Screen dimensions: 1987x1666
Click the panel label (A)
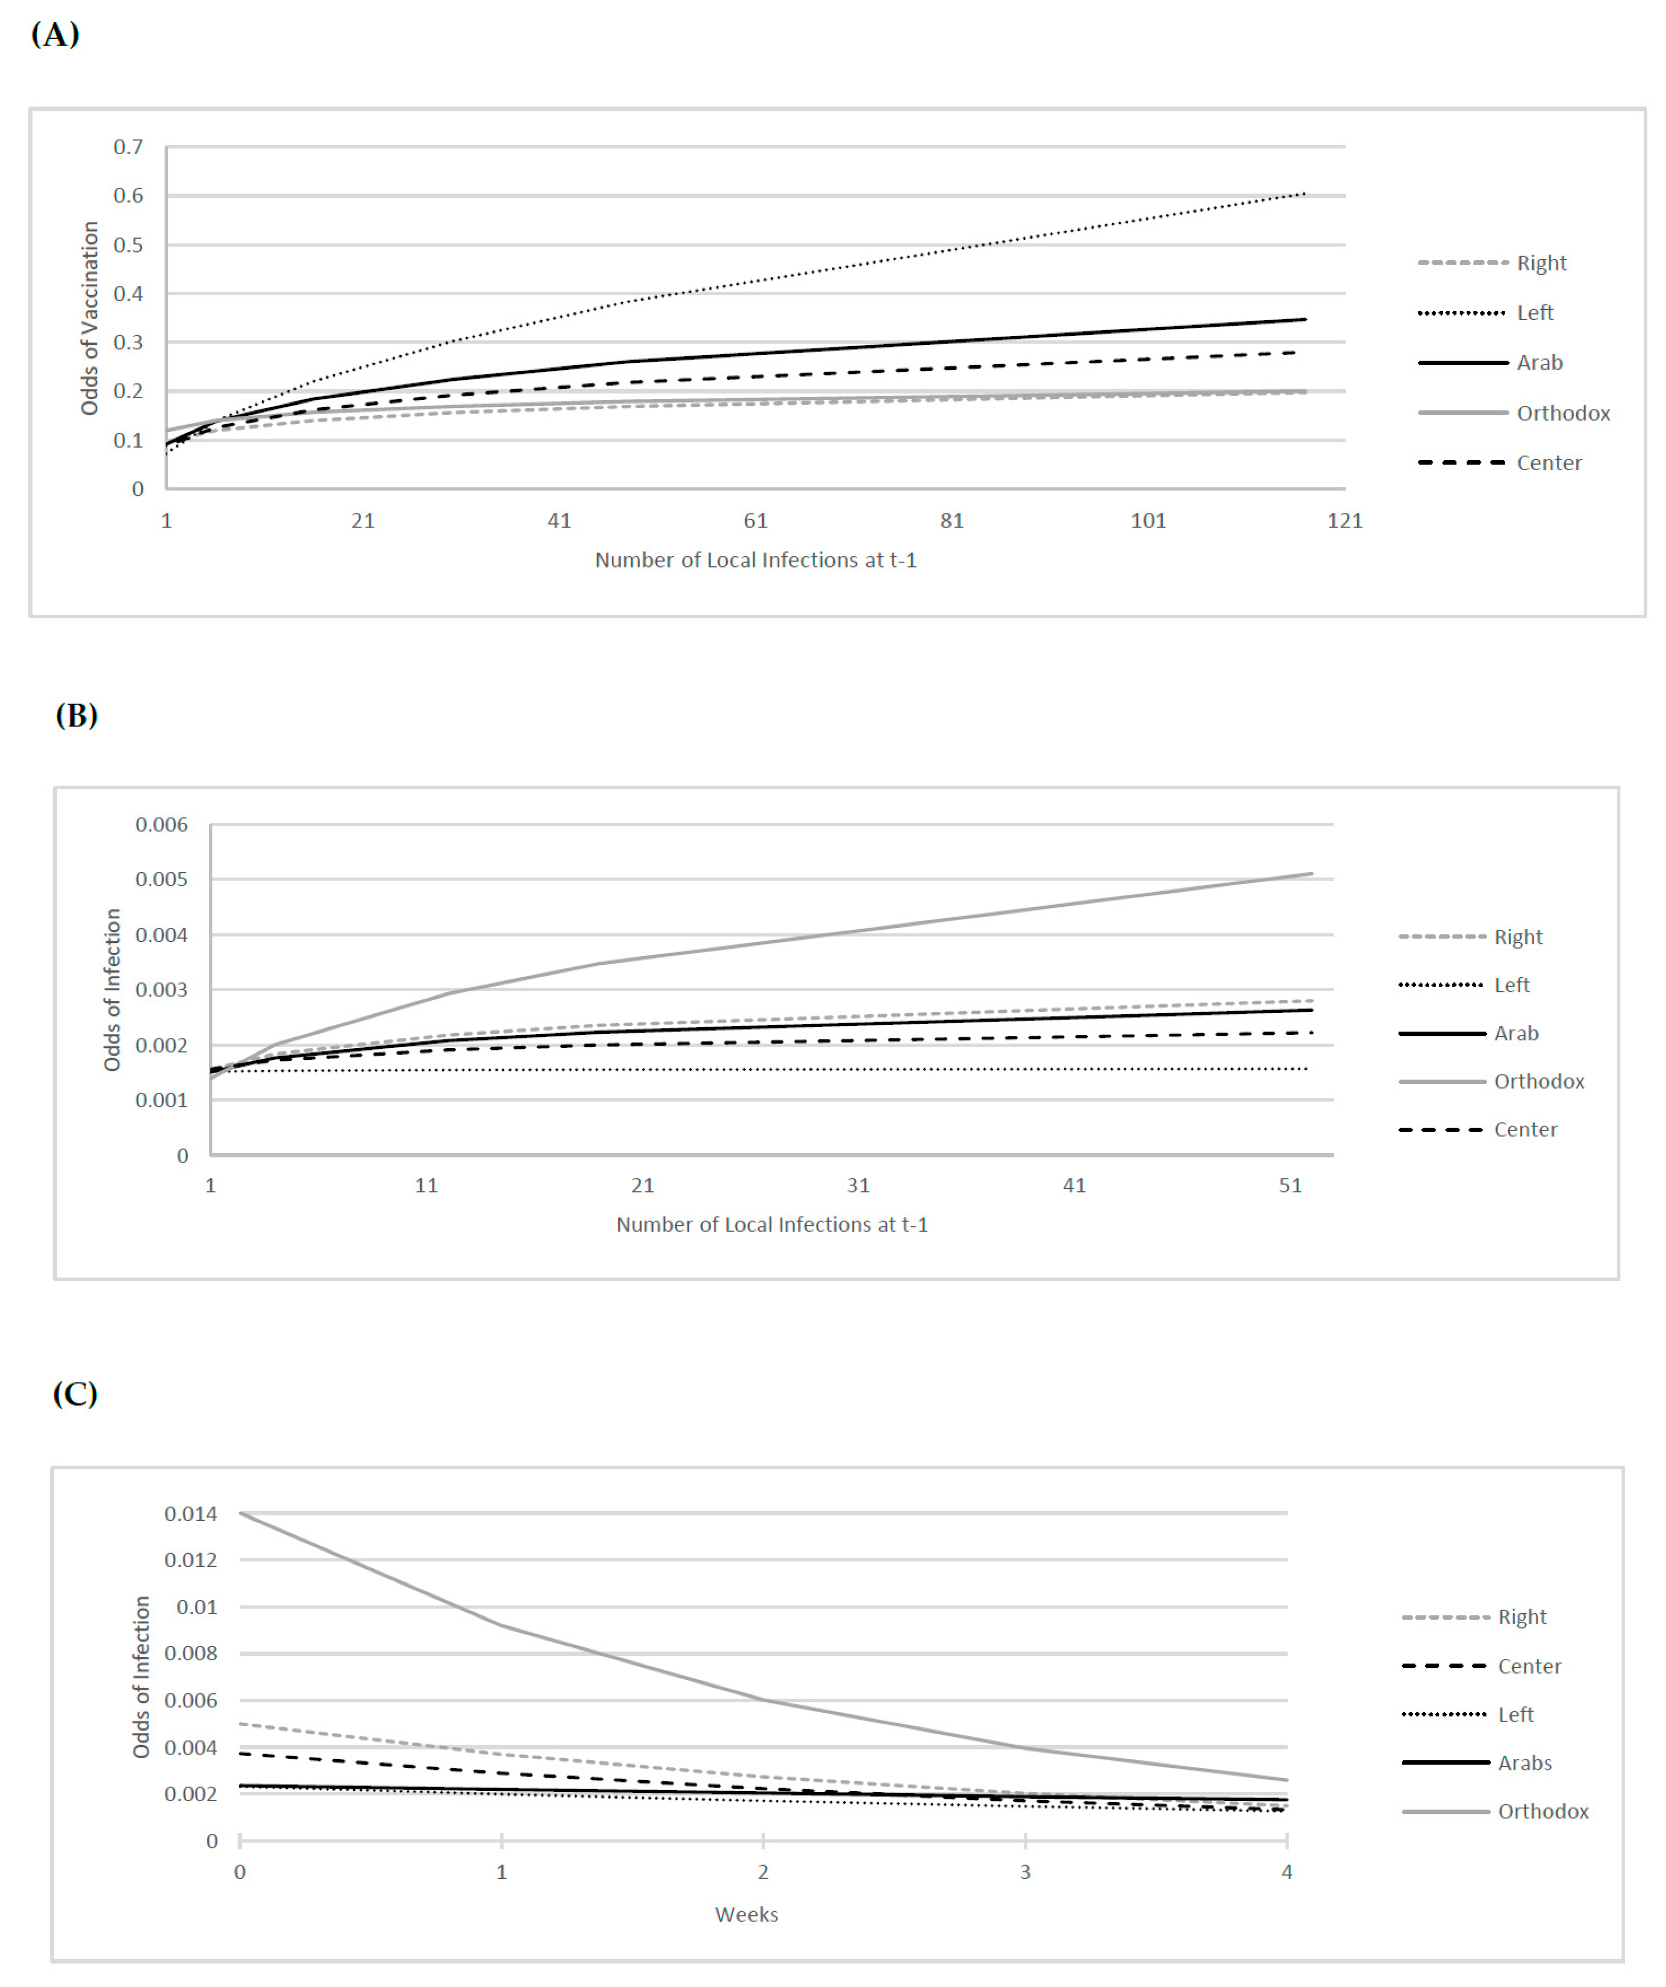55,35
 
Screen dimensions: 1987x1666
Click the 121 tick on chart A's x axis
1344,520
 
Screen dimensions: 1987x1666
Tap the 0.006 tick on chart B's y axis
162,825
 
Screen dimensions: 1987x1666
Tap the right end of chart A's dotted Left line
1305,194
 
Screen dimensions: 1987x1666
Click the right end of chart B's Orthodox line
1311,874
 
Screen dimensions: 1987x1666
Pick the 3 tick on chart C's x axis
1025,1871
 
